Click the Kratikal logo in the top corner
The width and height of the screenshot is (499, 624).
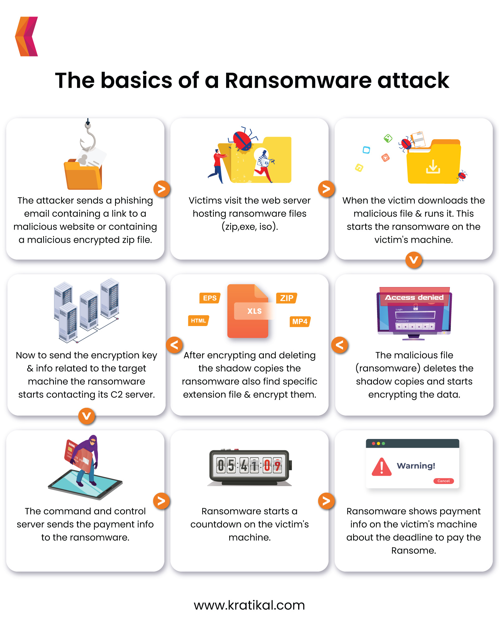coord(27,37)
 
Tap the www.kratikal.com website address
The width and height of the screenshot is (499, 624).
coord(249,605)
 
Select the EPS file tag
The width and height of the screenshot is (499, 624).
coord(210,298)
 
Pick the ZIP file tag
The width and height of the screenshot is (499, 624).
coord(287,298)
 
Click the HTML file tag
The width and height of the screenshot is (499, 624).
coord(198,321)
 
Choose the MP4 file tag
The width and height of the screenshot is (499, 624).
coord(300,321)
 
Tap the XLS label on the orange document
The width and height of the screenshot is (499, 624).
coord(254,311)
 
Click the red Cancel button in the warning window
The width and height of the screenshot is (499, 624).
coord(443,481)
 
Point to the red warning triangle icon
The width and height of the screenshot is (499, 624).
coord(381,467)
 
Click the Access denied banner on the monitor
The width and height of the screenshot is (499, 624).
coord(414,297)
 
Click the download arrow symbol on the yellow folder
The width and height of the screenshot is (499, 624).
coord(433,167)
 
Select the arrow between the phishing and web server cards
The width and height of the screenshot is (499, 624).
coord(162,189)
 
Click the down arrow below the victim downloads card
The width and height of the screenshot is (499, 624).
coord(414,260)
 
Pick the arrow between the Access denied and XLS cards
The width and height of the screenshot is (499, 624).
coord(340,345)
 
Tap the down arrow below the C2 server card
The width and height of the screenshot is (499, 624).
coord(86,416)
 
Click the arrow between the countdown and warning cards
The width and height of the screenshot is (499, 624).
coord(326,501)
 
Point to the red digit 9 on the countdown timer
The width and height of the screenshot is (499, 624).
coord(277,466)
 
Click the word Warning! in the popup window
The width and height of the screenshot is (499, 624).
coord(416,466)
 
